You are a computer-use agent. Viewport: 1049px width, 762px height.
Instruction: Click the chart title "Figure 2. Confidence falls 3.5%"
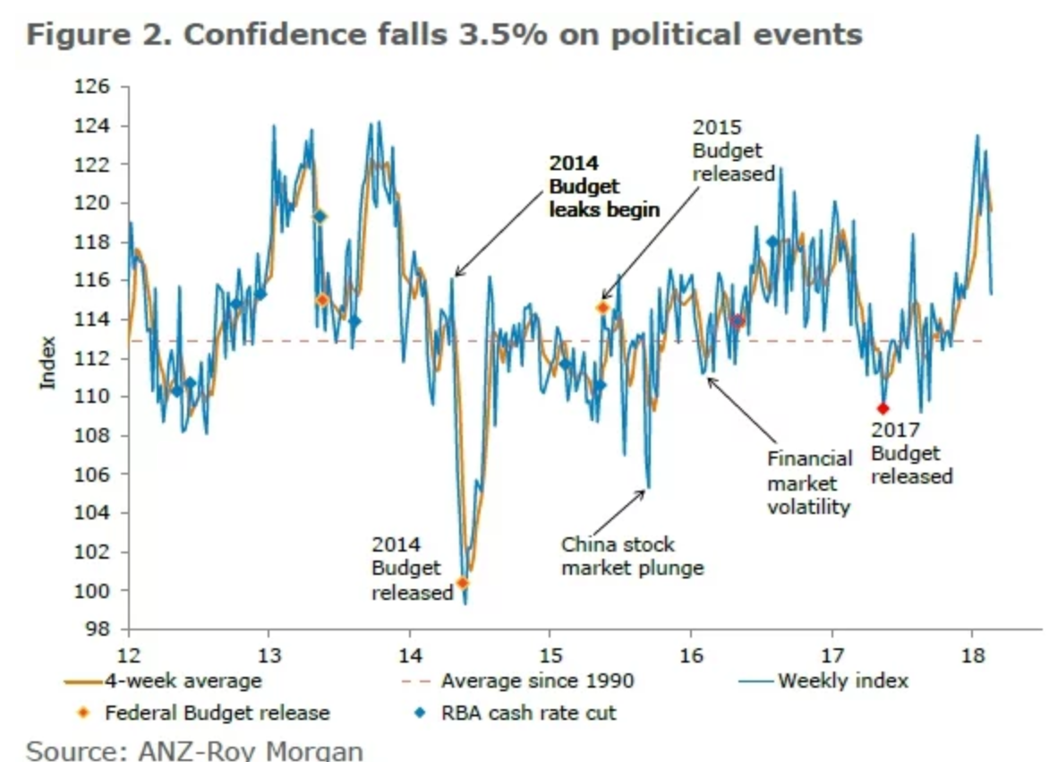pyautogui.click(x=444, y=34)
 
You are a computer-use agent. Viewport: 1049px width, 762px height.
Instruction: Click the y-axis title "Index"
pyautogui.click(x=48, y=362)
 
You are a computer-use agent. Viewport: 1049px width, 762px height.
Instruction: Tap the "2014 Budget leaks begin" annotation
pyautogui.click(x=603, y=187)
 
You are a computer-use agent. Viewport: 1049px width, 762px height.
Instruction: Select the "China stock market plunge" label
pyautogui.click(x=632, y=556)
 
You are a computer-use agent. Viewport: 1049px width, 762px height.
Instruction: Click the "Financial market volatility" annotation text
pyautogui.click(x=809, y=483)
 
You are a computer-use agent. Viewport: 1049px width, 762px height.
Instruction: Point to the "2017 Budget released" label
pyautogui.click(x=911, y=453)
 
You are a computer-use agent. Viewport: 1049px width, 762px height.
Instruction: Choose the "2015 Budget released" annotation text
pyautogui.click(x=733, y=150)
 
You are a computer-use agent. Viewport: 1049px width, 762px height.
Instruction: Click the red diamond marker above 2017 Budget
pyautogui.click(x=883, y=408)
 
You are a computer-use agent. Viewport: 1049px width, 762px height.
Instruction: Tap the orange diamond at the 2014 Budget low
pyautogui.click(x=462, y=583)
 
